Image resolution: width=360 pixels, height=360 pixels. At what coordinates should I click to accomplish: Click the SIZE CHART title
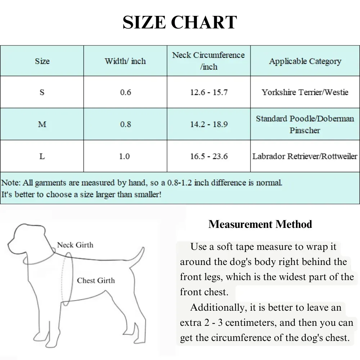[180, 22]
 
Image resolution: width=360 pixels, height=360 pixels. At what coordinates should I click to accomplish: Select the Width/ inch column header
[125, 61]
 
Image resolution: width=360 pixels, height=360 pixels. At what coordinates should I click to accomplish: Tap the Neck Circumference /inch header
[208, 60]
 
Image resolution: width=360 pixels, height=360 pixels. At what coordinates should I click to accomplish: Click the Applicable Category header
[305, 61]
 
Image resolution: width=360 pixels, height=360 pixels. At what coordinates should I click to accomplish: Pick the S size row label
[42, 92]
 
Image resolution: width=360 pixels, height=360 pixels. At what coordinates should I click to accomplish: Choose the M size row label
[42, 124]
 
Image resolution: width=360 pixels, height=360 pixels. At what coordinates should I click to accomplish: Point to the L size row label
[42, 156]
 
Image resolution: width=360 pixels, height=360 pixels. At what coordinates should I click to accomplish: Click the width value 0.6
[125, 92]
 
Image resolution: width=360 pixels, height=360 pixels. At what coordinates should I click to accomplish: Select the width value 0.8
[125, 124]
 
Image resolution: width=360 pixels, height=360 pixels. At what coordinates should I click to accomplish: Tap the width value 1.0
[125, 156]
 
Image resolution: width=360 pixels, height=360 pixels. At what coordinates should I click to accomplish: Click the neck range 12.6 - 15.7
[209, 92]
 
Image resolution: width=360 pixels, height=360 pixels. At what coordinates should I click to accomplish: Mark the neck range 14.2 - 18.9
[209, 124]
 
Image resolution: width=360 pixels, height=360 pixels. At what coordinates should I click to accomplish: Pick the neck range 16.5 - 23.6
[209, 156]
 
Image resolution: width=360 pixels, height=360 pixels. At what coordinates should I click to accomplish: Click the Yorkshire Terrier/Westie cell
[305, 92]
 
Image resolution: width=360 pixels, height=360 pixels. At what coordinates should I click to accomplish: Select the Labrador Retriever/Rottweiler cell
[305, 156]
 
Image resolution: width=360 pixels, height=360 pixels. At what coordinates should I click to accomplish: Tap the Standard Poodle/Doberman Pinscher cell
[305, 124]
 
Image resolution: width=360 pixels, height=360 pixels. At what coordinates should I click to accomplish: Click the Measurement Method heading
[260, 224]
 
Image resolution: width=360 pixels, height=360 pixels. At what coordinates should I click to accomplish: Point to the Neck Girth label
[75, 245]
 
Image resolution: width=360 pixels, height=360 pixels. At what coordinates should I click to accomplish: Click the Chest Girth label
[96, 280]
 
